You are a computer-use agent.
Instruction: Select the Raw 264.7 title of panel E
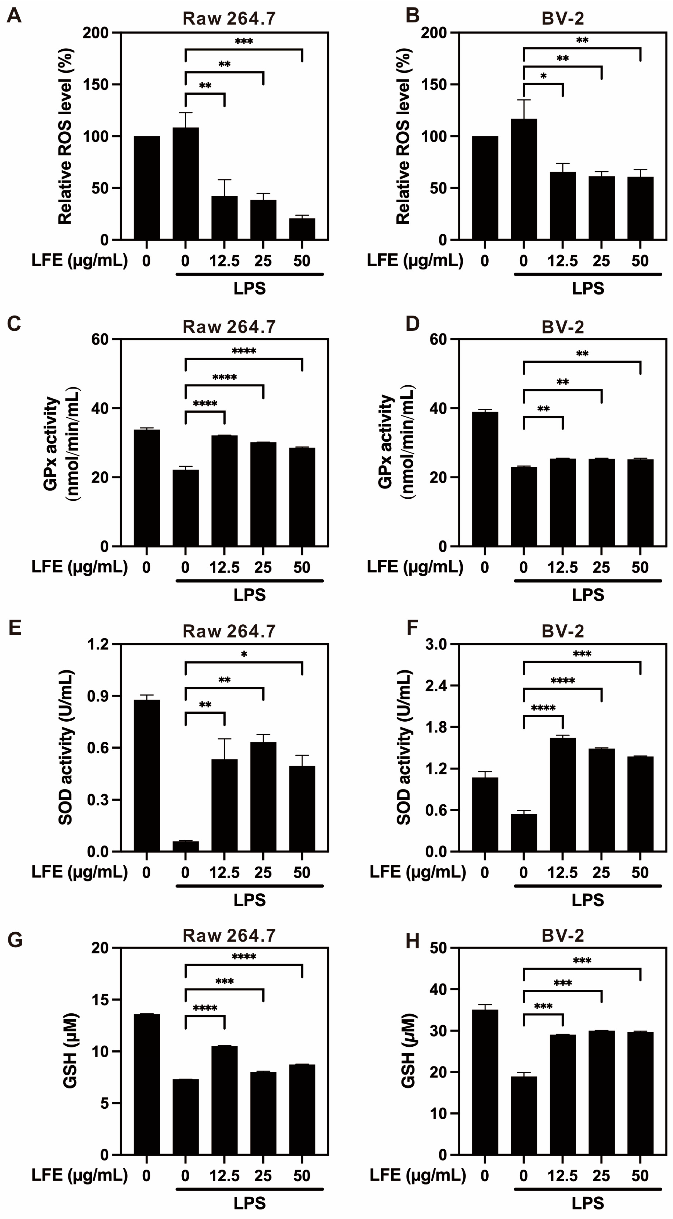229,632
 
